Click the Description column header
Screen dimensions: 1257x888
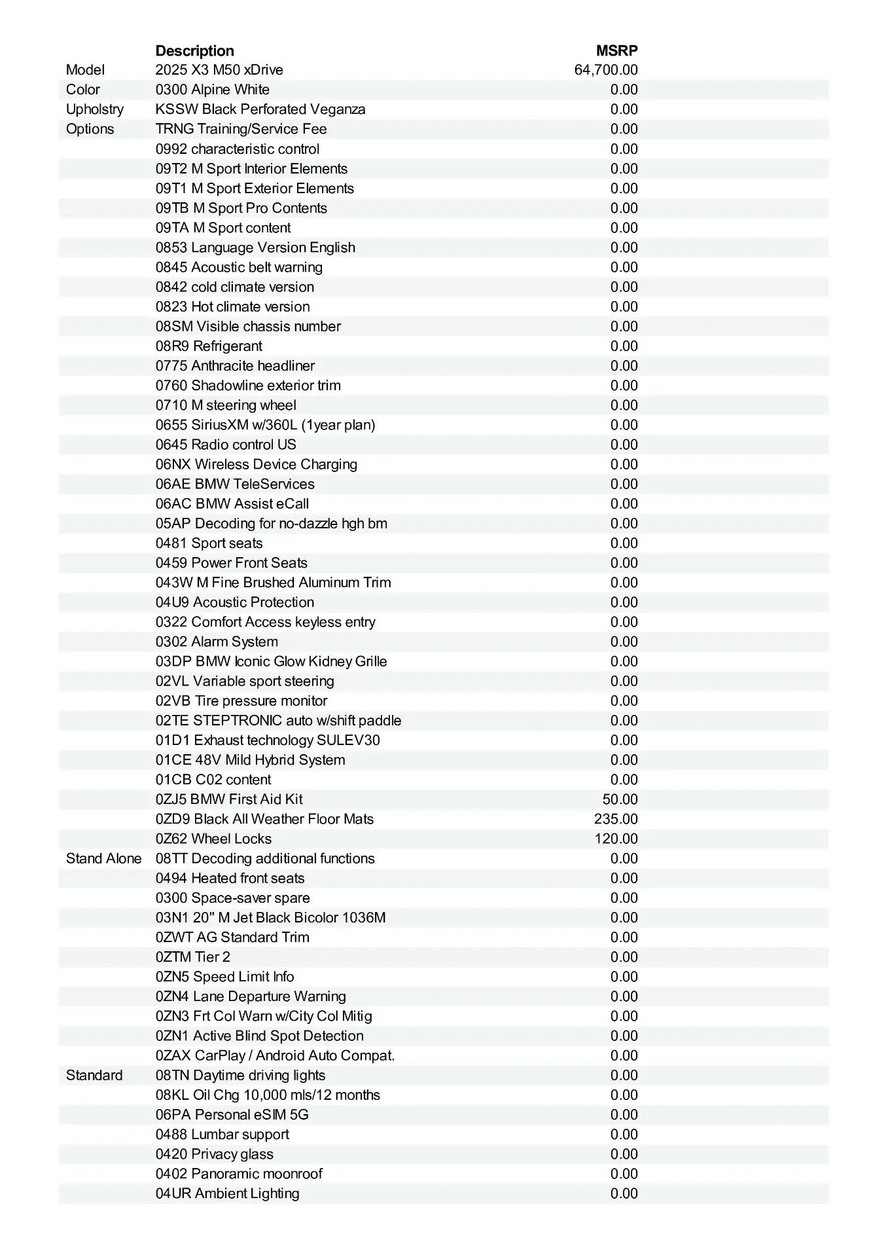coord(194,51)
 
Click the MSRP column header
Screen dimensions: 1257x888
coord(616,51)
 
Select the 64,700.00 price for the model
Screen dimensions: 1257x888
coord(605,70)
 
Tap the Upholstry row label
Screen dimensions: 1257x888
coord(95,109)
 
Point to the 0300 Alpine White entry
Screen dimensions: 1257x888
coord(213,90)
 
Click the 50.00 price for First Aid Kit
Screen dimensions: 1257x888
coord(620,799)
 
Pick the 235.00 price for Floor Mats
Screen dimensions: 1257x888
coord(616,819)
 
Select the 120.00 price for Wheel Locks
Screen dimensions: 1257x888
coord(616,839)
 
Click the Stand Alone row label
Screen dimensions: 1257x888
coord(103,858)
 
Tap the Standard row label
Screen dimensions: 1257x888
coord(94,1075)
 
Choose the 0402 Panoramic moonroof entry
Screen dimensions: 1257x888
coord(239,1173)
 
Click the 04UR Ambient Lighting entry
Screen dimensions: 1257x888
coord(227,1193)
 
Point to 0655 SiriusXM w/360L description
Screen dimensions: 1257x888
coord(265,425)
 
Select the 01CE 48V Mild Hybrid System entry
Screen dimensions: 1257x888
coord(250,760)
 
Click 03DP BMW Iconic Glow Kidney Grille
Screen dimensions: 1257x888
coord(271,661)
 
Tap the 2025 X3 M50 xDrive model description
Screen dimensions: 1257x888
coord(219,70)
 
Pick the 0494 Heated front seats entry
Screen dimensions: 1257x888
coord(230,878)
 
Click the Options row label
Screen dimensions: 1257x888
coord(90,129)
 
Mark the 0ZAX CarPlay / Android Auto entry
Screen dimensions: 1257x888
coord(275,1055)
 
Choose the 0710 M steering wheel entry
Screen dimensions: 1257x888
coord(226,405)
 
